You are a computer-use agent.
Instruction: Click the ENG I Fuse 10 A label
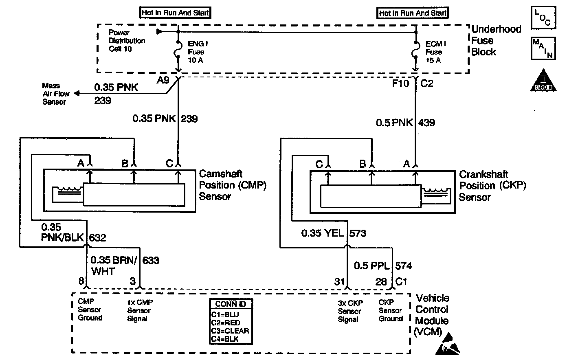196,52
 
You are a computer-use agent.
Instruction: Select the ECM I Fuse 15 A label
434,52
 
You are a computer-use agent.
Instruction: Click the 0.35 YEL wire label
323,233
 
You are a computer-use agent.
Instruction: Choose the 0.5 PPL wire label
372,266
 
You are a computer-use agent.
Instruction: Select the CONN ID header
231,304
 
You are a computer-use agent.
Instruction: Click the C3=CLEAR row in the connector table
230,331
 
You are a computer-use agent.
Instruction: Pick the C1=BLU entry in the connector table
225,315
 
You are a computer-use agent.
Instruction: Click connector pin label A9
163,80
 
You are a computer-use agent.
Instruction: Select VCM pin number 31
340,281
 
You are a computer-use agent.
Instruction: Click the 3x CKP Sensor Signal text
349,311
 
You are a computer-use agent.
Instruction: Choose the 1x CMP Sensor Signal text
139,310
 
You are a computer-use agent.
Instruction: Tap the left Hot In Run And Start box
175,13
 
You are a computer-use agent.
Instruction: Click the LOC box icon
544,18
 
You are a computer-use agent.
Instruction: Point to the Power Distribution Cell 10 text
127,41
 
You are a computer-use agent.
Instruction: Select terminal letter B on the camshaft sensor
125,164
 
